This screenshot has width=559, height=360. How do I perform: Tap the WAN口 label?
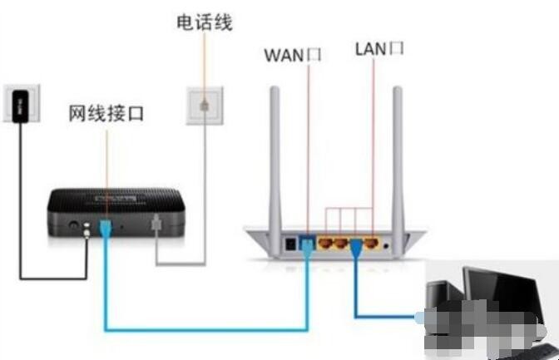click(292, 55)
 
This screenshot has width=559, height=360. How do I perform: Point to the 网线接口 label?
click(106, 115)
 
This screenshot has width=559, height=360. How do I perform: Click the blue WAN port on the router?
click(308, 244)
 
